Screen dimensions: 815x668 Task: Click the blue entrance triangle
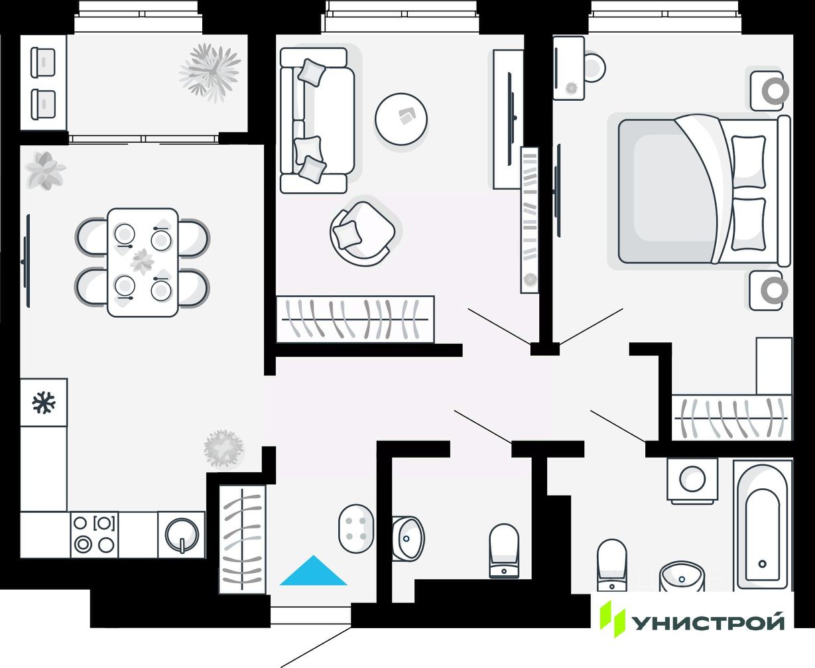[x=313, y=573]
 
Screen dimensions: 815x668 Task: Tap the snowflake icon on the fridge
[x=44, y=402]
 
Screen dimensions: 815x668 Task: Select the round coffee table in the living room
[x=401, y=119]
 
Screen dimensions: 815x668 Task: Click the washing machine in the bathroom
[x=692, y=480]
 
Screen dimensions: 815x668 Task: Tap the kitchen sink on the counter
[x=182, y=535]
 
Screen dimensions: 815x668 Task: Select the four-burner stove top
[x=94, y=534]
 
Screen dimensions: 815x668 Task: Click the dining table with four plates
[x=143, y=262]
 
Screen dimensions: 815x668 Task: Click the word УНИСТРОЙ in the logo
[x=707, y=622]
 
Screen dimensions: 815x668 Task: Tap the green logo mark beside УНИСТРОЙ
[x=612, y=618]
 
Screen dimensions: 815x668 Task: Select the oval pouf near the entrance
[x=356, y=528]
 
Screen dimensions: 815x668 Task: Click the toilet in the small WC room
[x=504, y=551]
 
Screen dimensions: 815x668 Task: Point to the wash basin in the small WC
[x=408, y=537]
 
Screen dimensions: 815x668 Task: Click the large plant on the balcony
[x=210, y=71]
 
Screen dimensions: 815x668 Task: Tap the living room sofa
[x=317, y=120]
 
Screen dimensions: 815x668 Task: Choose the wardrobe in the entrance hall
[x=242, y=539]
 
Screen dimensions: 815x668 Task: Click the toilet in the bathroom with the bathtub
[x=611, y=564]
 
